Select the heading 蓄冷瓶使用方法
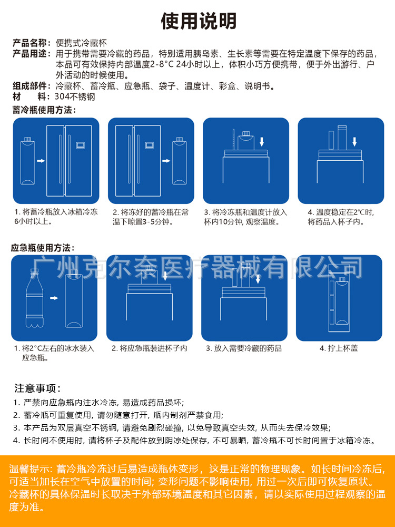click(x=44, y=110)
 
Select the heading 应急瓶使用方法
click(x=43, y=248)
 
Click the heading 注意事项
click(x=37, y=389)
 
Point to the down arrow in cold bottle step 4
click(x=354, y=141)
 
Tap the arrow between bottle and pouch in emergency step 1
click(x=53, y=298)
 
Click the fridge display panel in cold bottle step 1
click(x=81, y=144)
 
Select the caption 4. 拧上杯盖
click(x=339, y=348)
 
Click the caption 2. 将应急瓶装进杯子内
click(x=149, y=348)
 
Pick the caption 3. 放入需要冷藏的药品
click(x=244, y=348)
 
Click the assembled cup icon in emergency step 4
click(x=338, y=303)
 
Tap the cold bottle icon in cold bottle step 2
click(x=179, y=159)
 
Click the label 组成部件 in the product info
click(x=31, y=86)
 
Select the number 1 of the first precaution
click(x=16, y=403)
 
